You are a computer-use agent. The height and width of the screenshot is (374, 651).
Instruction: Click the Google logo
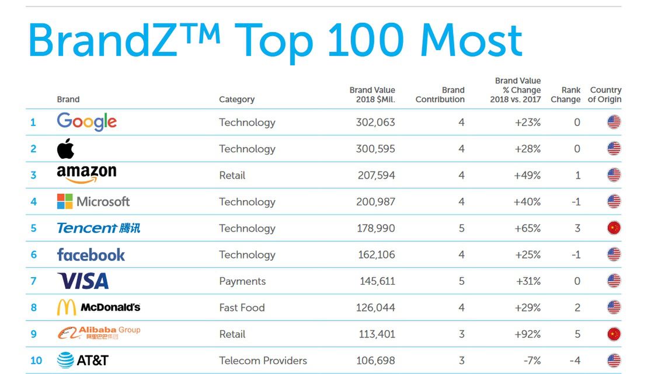coord(86,122)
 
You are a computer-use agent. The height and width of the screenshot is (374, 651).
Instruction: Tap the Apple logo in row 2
coord(65,149)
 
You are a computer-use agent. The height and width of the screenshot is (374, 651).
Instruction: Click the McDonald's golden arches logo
coord(66,307)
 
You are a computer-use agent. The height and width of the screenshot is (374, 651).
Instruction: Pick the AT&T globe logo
coord(65,361)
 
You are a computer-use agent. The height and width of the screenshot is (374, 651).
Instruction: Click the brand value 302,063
coord(375,123)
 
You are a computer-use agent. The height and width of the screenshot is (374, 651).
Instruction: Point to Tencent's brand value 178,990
coord(375,228)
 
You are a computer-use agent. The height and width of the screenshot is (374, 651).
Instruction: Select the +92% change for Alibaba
coord(527,334)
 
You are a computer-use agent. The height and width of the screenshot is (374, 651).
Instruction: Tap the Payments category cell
coord(242,281)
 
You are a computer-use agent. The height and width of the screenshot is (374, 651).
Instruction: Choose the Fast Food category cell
coord(242,307)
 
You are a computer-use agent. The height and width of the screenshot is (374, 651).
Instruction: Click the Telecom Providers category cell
coord(263,361)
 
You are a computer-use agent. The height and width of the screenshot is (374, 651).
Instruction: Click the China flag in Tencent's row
coord(614,228)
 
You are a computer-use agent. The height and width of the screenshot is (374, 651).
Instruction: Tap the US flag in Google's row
coord(614,123)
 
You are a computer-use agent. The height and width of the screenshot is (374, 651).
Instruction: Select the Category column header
coord(236,100)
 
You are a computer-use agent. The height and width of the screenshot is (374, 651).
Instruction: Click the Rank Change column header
coord(565,95)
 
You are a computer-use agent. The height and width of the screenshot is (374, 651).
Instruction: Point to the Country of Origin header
coord(605,95)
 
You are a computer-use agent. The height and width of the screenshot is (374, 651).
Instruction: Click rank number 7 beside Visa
coord(33,281)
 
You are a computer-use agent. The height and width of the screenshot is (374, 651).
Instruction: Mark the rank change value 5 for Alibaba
coord(577,334)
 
